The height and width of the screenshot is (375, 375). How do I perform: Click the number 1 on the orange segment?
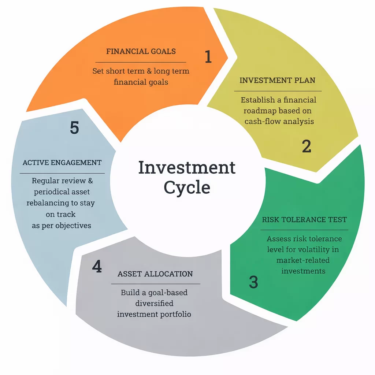[208, 57]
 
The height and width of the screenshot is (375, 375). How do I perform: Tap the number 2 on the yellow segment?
[307, 146]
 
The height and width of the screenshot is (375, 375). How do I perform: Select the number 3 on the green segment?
[253, 282]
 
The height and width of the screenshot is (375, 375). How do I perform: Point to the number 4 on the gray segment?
[97, 267]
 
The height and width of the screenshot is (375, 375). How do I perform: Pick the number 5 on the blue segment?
[74, 128]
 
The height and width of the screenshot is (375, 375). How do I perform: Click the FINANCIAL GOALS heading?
[141, 51]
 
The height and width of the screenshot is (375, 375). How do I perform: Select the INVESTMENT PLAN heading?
[277, 80]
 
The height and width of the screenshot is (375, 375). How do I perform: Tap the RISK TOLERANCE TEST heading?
[304, 220]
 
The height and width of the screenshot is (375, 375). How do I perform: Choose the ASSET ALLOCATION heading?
[155, 274]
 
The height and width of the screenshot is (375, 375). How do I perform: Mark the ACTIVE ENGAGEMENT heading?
[62, 162]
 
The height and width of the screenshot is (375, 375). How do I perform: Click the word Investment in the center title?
[187, 168]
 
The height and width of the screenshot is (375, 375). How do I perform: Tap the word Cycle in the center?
[187, 187]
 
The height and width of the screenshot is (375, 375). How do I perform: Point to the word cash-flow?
[261, 121]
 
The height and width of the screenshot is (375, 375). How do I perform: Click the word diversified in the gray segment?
[154, 303]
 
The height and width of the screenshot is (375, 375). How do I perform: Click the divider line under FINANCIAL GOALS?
[141, 62]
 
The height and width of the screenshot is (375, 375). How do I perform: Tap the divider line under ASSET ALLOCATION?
[155, 284]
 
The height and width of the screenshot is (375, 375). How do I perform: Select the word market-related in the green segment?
[303, 260]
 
